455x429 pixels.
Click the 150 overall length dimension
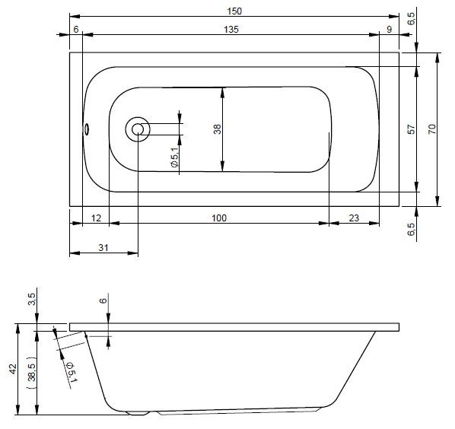(234, 11)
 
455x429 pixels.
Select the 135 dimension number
(231, 30)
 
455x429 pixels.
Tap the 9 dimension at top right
(390, 30)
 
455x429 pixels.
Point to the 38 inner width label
(218, 129)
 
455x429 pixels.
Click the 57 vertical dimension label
(412, 129)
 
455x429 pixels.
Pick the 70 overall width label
(432, 129)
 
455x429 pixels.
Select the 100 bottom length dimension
(219, 218)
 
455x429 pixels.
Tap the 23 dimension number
(354, 218)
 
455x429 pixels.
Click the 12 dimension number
(96, 218)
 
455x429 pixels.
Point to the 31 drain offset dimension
(103, 248)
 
